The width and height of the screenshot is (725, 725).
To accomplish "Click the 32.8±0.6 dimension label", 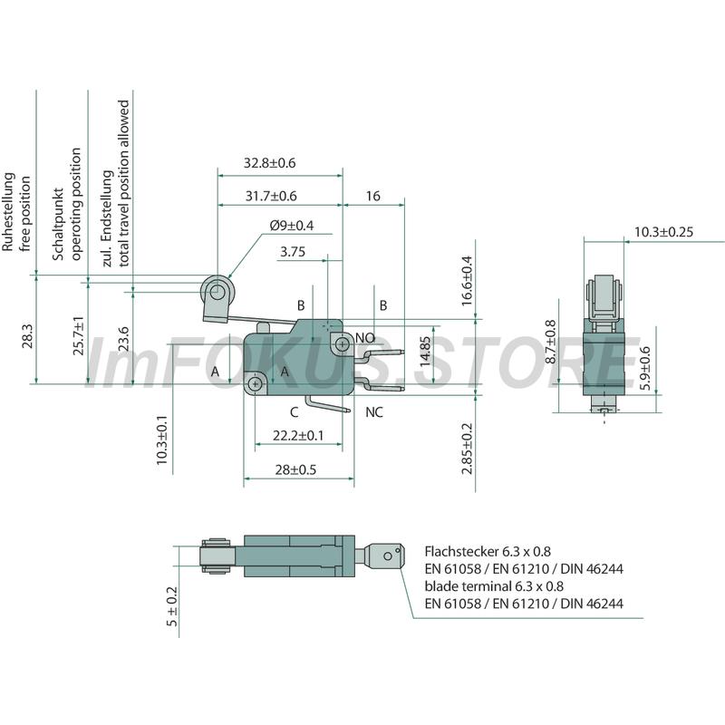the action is (269, 163).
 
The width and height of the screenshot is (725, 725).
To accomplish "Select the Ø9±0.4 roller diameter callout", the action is (292, 225).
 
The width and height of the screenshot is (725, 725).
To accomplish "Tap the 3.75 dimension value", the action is (293, 252).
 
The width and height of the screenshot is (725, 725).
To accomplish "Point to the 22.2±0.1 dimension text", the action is (298, 436).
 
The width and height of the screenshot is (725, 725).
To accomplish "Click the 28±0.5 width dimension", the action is (295, 469).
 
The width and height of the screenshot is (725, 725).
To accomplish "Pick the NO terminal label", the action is (365, 338).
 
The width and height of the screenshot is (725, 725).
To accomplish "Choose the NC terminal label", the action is (374, 412).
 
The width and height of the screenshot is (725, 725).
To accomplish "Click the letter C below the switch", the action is (294, 412).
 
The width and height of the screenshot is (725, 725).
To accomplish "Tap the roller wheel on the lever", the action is (215, 292).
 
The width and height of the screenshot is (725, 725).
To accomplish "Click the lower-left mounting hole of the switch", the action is (255, 383).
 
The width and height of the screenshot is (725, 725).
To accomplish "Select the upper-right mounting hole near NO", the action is (343, 344).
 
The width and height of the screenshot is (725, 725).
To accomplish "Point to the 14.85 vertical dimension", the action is (425, 351).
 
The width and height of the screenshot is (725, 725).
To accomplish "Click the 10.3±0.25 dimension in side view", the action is (663, 232).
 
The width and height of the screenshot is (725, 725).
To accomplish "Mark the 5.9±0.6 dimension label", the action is (645, 368).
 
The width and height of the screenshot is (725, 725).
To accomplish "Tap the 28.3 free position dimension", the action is (27, 335).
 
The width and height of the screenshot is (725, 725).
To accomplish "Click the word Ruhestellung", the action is (8, 212).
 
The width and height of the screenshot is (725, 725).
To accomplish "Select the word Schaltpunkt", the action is (58, 224).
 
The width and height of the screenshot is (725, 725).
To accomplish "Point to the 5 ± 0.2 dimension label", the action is (172, 606).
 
